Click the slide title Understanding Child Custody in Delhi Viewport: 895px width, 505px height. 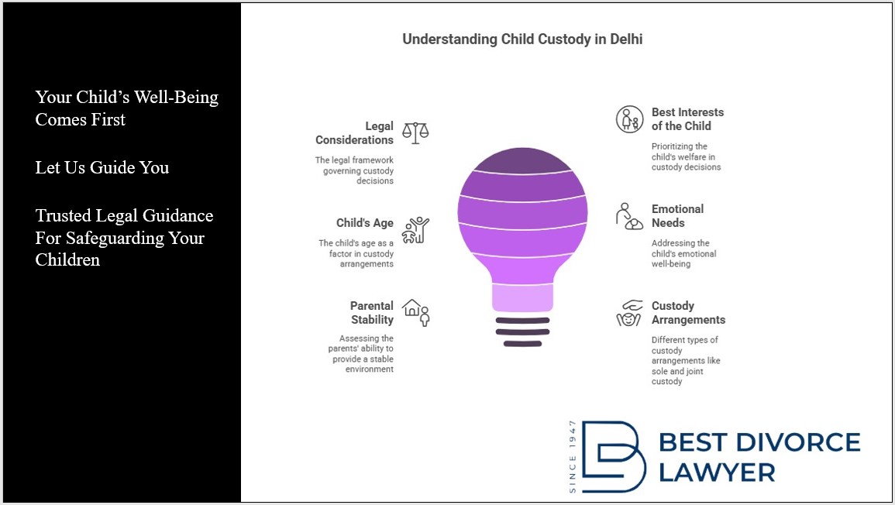522,40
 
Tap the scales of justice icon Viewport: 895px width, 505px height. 415,132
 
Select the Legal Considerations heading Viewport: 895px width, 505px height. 354,133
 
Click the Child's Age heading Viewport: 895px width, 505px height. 365,223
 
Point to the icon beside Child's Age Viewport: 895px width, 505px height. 415,230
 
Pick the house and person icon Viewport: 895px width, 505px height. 416,312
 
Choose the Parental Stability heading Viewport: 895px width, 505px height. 372,313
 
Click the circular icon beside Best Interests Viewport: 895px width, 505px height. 629,119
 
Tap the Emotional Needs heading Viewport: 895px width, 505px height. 677,215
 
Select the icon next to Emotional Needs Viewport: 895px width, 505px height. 629,216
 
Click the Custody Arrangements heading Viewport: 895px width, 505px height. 688,313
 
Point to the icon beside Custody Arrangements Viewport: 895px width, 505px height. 629,313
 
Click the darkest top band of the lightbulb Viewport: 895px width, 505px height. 522,160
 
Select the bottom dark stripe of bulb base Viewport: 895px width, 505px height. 522,344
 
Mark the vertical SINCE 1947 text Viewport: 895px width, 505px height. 573,456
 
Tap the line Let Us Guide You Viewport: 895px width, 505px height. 102,168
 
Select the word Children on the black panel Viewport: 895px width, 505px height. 67,259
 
